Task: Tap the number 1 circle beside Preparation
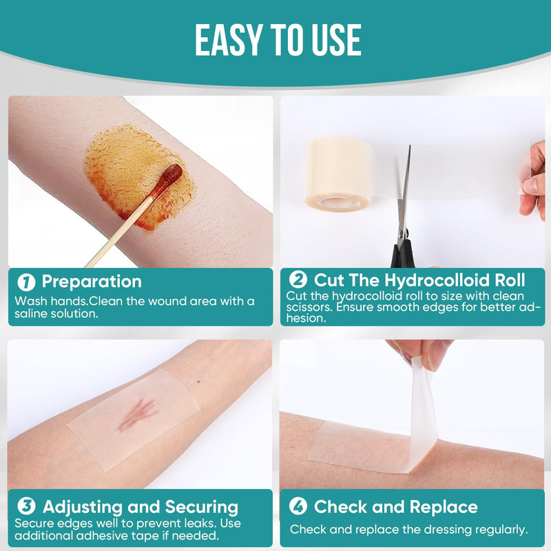[x=26, y=282]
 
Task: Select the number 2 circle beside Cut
[x=298, y=280]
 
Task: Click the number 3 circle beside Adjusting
[x=26, y=508]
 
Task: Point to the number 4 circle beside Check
[x=298, y=507]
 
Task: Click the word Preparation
[x=92, y=282]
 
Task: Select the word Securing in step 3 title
[x=201, y=508]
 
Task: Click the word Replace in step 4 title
[x=442, y=507]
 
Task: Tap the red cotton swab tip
[x=169, y=179]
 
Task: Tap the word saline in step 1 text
[x=29, y=313]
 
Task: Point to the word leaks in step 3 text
[x=183, y=523]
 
